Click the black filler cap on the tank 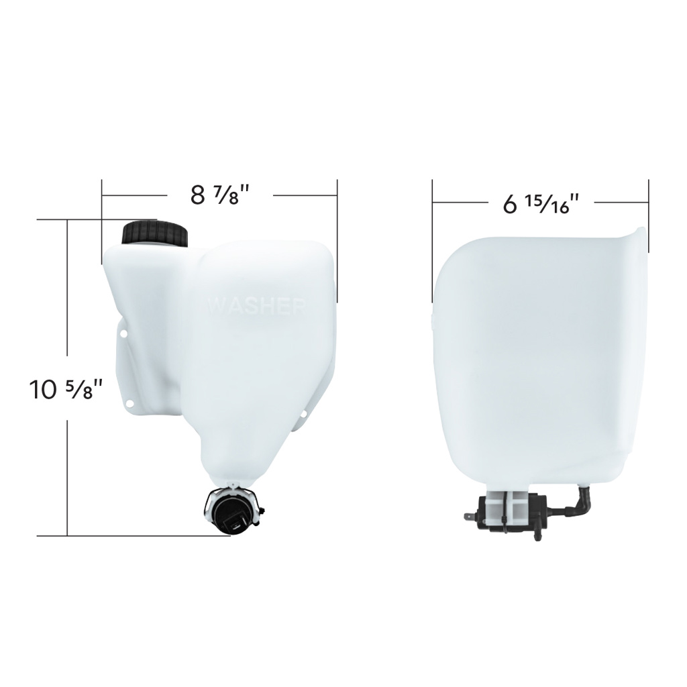(155, 233)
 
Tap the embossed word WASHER (257, 306)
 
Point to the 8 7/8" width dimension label (220, 195)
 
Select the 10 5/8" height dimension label (66, 389)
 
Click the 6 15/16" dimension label (541, 202)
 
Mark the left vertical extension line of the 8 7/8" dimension (102, 201)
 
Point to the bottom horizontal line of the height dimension (134, 535)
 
